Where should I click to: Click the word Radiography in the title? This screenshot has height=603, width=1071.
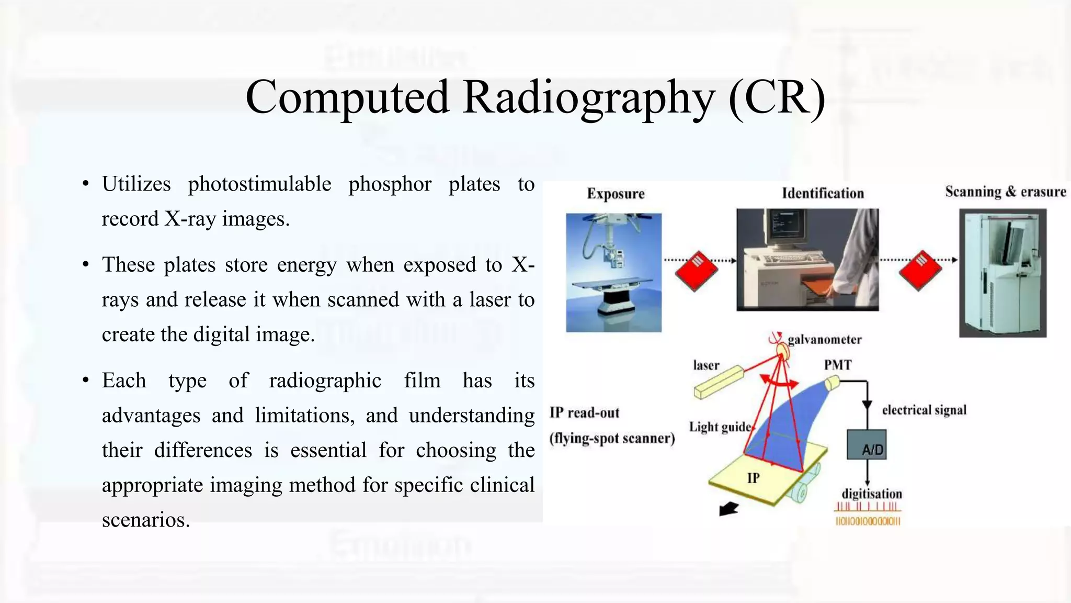(589, 98)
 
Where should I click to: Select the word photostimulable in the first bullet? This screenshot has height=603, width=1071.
(259, 184)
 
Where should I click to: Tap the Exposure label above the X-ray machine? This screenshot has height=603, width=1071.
(616, 194)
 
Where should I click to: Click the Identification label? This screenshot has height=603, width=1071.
(823, 194)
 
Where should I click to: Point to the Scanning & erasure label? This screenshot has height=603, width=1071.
(1005, 192)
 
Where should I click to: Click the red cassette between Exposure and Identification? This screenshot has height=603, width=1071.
(697, 271)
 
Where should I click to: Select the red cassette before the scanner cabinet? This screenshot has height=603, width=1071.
(920, 270)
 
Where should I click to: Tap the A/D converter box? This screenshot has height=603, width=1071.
(867, 445)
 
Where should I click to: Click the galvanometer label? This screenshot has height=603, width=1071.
(824, 340)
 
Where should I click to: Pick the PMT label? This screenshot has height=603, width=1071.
(838, 365)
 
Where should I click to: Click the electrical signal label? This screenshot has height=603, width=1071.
(924, 410)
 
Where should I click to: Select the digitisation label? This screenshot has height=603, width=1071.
(872, 494)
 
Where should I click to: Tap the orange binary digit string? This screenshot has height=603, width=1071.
(868, 521)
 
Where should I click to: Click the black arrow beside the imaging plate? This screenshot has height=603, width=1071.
(728, 508)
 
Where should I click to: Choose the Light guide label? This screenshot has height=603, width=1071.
(720, 427)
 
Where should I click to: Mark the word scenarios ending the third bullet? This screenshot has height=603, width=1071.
(145, 520)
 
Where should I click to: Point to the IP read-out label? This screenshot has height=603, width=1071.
(584, 413)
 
